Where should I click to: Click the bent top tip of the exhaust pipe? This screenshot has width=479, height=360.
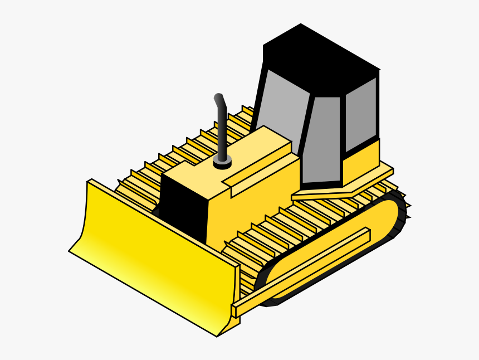click(x=219, y=100)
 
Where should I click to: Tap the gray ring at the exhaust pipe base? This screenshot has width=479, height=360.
click(x=223, y=163)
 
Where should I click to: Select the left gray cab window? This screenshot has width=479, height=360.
click(x=281, y=106)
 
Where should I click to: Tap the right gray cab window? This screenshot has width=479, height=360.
click(x=361, y=114)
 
